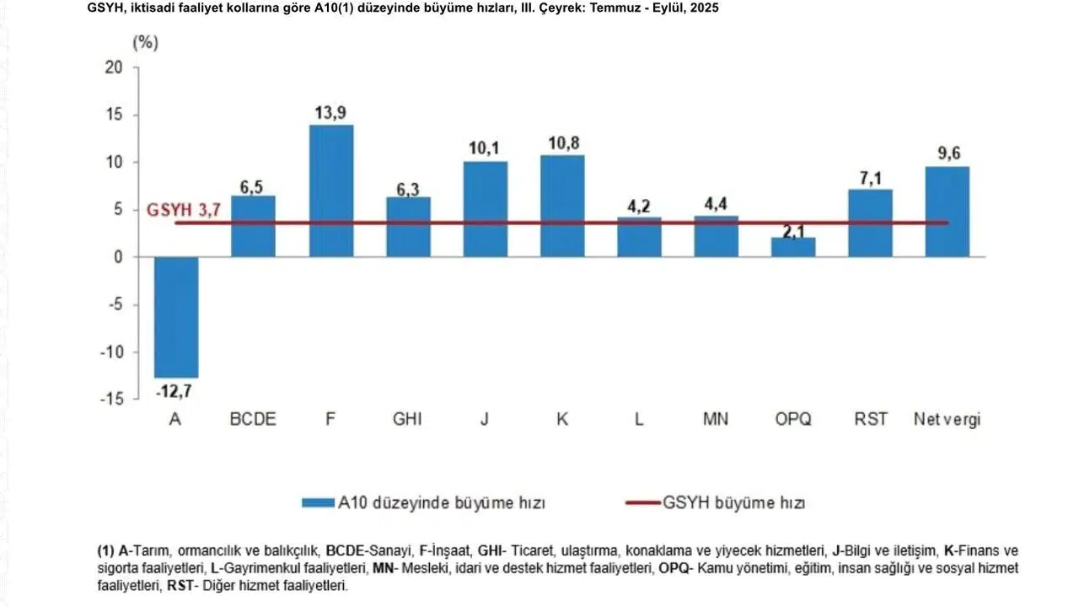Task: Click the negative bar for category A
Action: (x=176, y=317)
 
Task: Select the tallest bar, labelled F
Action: (x=331, y=191)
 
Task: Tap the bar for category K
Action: (x=562, y=206)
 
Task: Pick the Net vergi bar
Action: (x=947, y=212)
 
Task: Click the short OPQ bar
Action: (x=793, y=247)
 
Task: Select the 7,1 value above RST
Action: (x=870, y=178)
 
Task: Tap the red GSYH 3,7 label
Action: (x=184, y=211)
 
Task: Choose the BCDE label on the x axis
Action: (x=253, y=419)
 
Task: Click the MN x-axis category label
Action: (x=716, y=419)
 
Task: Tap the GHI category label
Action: (x=407, y=419)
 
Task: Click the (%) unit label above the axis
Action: (x=145, y=43)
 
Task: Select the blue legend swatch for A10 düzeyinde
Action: (x=318, y=503)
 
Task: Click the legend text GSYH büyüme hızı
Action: (x=733, y=503)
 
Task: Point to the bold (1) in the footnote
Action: (x=106, y=550)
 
